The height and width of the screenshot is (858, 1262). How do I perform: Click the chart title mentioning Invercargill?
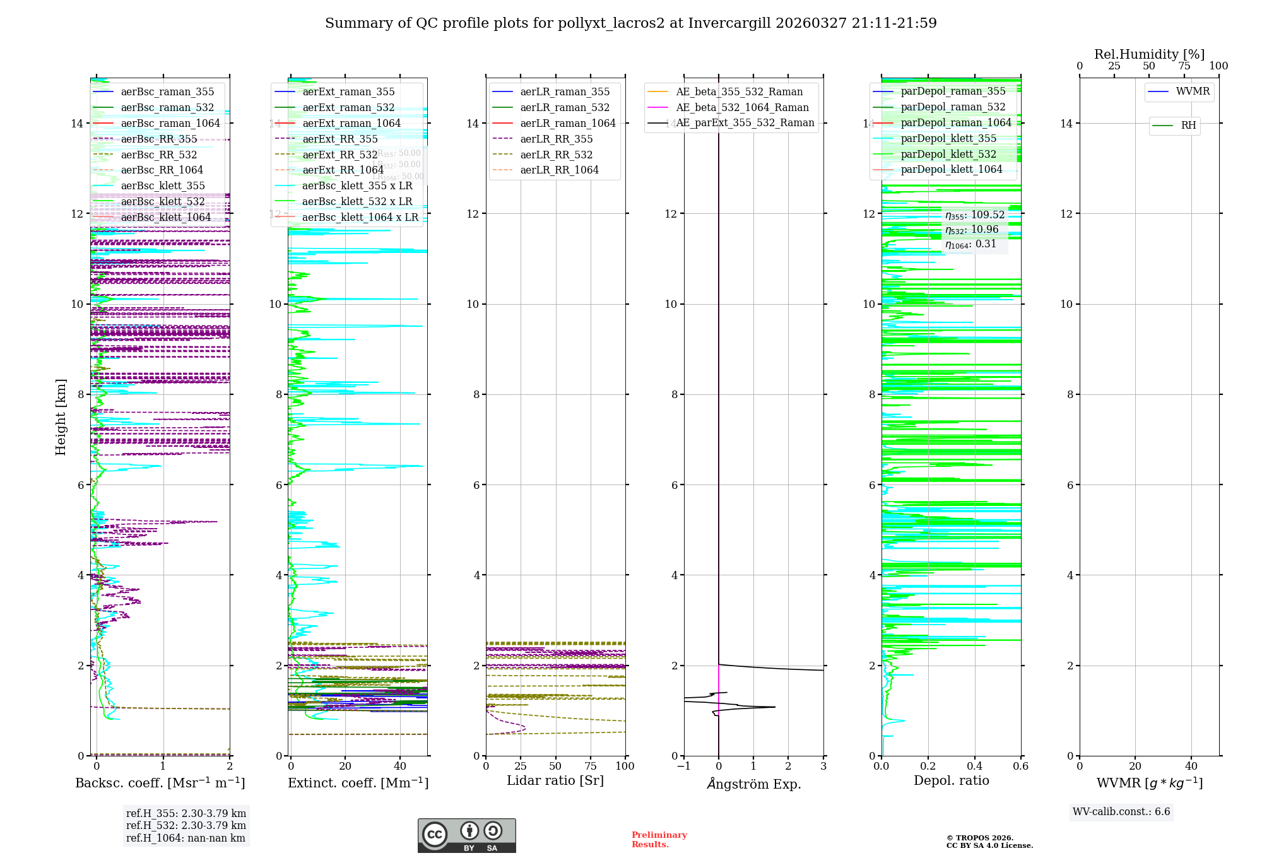point(630,23)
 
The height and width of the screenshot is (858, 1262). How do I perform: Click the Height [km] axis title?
point(61,416)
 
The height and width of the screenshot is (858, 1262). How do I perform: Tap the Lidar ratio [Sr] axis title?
point(555,780)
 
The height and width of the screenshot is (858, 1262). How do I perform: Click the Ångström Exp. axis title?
point(754,784)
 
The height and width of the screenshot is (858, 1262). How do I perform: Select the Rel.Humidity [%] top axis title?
point(1149,54)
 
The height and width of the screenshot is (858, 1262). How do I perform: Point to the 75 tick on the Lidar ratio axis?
point(591,766)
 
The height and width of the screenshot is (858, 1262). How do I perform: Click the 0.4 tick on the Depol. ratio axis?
point(974,766)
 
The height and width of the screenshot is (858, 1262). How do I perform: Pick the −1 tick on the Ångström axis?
point(683,766)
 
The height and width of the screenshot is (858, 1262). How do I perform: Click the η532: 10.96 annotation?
point(972,230)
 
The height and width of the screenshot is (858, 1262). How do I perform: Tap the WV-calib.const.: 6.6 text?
point(1121,812)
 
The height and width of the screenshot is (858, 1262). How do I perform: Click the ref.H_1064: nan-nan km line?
point(186,838)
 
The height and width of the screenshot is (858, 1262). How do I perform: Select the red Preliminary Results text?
point(659,839)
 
